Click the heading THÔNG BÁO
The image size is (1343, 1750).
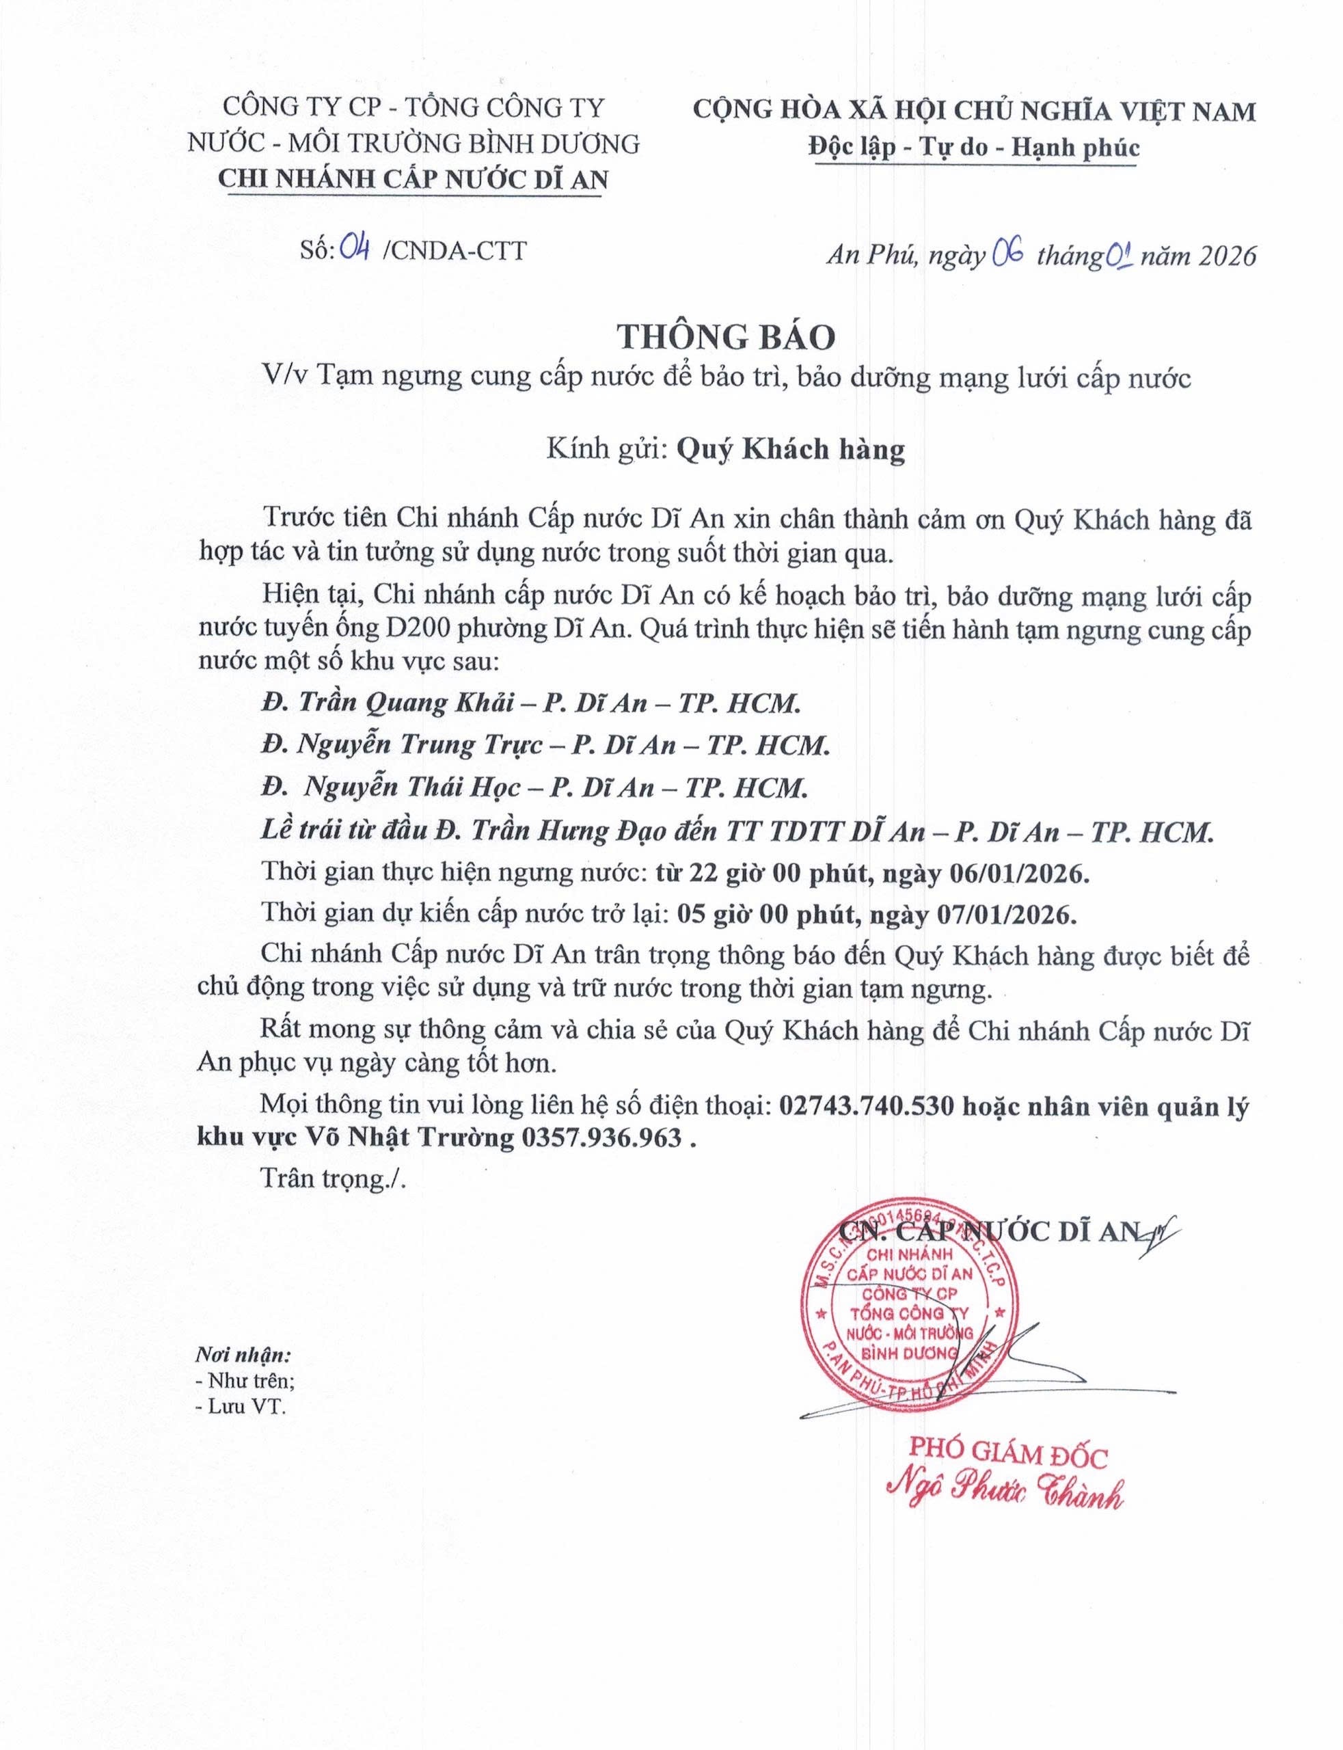click(x=725, y=338)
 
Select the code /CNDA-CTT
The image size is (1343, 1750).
click(x=455, y=250)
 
